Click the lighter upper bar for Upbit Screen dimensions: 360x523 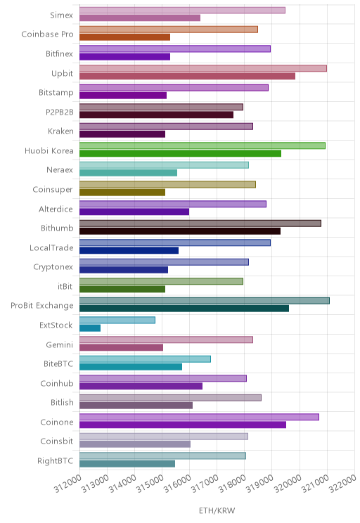(x=203, y=68)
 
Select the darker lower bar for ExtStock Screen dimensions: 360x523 (x=90, y=328)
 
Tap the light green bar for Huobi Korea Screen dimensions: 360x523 (x=202, y=146)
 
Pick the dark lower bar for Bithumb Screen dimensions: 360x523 (x=180, y=231)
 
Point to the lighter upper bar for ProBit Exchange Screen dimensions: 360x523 (x=205, y=301)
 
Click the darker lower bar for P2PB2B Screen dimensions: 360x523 (x=156, y=115)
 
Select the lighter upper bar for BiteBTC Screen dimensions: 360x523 (x=145, y=359)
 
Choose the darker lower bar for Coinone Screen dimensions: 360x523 (x=183, y=425)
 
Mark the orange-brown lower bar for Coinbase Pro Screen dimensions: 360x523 (x=124, y=37)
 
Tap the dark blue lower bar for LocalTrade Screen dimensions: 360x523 (x=129, y=250)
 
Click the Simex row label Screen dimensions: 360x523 (x=61, y=15)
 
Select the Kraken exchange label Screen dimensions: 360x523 (x=60, y=131)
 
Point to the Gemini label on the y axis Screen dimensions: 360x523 (x=59, y=344)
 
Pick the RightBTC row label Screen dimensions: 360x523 (x=55, y=460)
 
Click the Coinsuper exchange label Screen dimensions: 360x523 (x=52, y=190)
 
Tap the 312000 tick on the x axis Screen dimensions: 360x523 (x=67, y=484)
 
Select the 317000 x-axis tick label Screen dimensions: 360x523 (x=205, y=484)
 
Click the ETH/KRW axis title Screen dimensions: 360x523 (x=217, y=510)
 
